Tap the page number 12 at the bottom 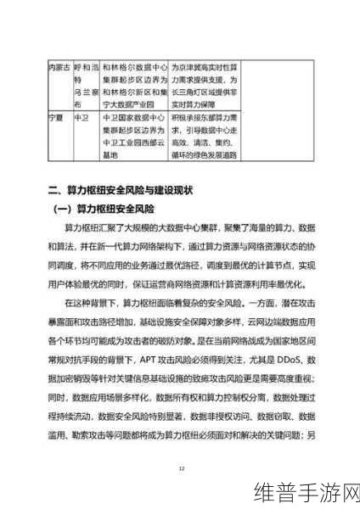click(180, 467)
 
